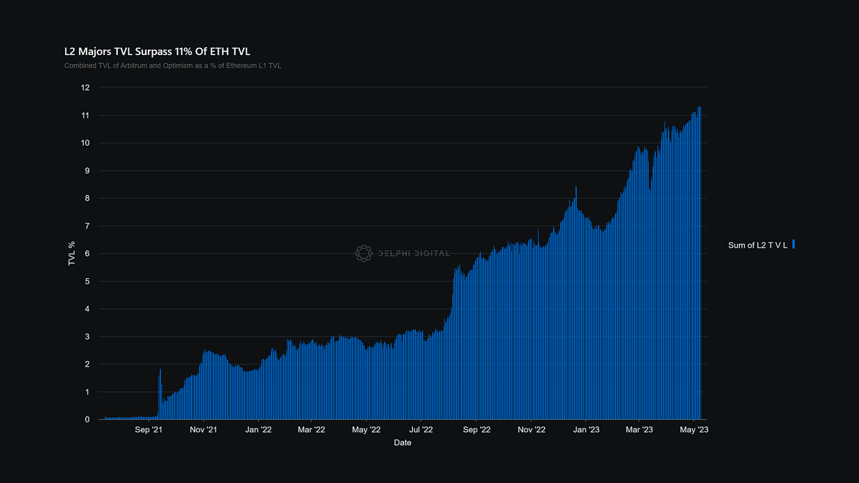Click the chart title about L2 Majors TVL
pyautogui.click(x=157, y=51)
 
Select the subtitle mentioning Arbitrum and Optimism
pyautogui.click(x=172, y=66)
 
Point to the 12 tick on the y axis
pyautogui.click(x=85, y=88)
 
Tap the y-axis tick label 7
pyautogui.click(x=87, y=226)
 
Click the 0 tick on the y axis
pyautogui.click(x=87, y=420)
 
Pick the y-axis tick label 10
pyautogui.click(x=85, y=143)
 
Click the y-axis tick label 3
pyautogui.click(x=87, y=337)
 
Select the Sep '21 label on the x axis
pyautogui.click(x=149, y=430)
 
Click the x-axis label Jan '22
pyautogui.click(x=258, y=430)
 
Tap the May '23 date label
pyautogui.click(x=695, y=430)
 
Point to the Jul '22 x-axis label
pyautogui.click(x=421, y=430)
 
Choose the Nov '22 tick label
pyautogui.click(x=531, y=430)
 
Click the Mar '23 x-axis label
pyautogui.click(x=639, y=430)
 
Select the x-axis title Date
pyautogui.click(x=403, y=443)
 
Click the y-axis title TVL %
pyautogui.click(x=72, y=253)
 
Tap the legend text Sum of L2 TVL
pyautogui.click(x=758, y=245)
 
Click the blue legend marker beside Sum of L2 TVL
pyautogui.click(x=793, y=244)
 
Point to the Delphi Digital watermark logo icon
pyautogui.click(x=363, y=253)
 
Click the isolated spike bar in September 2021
pyautogui.click(x=160, y=392)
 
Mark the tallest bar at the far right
pyautogui.click(x=699, y=264)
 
